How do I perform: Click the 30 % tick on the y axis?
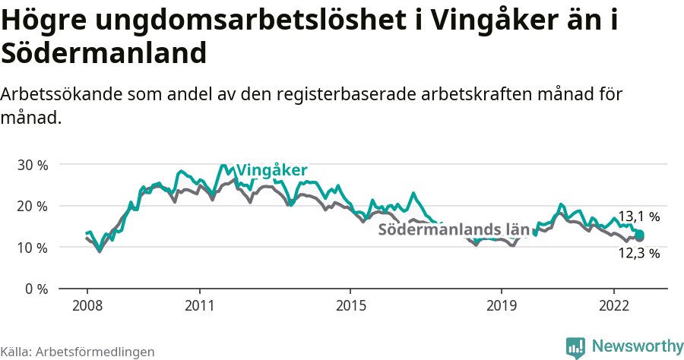[33, 165]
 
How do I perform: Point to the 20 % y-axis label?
[33, 206]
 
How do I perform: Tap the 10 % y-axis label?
[33, 248]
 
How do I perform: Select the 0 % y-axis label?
[36, 289]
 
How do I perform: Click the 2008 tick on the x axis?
[87, 305]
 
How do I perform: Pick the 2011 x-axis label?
[199, 305]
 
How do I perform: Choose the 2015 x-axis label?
[350, 305]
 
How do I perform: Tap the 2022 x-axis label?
[614, 305]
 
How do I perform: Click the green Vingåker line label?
[271, 169]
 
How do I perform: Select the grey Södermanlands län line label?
[453, 229]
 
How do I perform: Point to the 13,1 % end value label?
[638, 216]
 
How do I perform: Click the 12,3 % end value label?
[638, 254]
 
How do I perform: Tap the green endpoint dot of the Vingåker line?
[640, 235]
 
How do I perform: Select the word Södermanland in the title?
[104, 53]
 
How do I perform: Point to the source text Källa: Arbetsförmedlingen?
[78, 352]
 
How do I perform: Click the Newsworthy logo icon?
[575, 347]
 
